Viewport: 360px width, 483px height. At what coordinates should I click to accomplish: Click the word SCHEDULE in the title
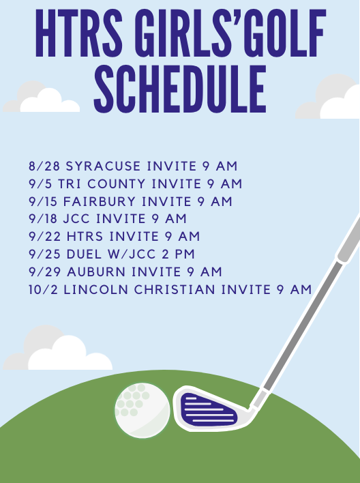pyautogui.click(x=180, y=89)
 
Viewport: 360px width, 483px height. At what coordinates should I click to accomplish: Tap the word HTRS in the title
pyautogui.click(x=79, y=33)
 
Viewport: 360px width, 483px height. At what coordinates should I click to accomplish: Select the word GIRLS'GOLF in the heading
pyautogui.click(x=230, y=33)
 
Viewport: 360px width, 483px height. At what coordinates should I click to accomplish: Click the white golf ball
pyautogui.click(x=142, y=410)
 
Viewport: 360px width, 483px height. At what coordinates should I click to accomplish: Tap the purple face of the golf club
pyautogui.click(x=208, y=410)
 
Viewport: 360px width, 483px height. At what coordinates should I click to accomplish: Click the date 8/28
pyautogui.click(x=44, y=166)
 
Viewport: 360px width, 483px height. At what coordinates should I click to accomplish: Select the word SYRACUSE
pyautogui.click(x=103, y=166)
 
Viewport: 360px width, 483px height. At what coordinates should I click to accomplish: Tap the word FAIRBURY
pyautogui.click(x=99, y=201)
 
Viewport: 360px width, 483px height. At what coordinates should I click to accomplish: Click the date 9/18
pyautogui.click(x=43, y=219)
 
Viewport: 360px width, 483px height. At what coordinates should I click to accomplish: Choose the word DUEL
pyautogui.click(x=84, y=254)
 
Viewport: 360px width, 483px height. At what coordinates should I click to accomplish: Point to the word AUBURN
pyautogui.click(x=96, y=272)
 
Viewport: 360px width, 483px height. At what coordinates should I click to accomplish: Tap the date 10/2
pyautogui.click(x=43, y=290)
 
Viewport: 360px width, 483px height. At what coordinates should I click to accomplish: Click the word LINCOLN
pyautogui.click(x=95, y=290)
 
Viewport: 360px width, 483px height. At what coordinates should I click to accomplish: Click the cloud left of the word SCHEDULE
pyautogui.click(x=42, y=97)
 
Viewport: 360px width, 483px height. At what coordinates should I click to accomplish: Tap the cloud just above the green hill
pyautogui.click(x=57, y=348)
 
